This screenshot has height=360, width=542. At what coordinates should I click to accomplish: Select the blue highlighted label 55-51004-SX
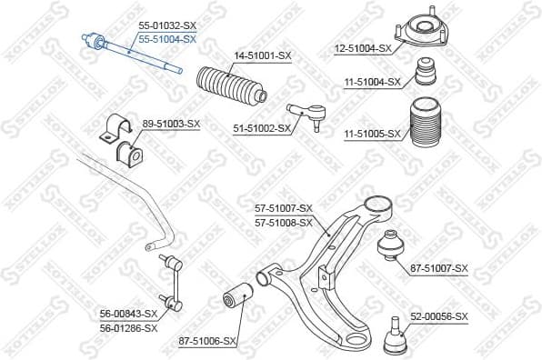pyautogui.click(x=166, y=41)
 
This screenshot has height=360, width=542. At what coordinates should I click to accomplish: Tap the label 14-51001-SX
pyautogui.click(x=263, y=57)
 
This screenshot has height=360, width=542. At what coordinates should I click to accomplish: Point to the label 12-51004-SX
pyautogui.click(x=361, y=48)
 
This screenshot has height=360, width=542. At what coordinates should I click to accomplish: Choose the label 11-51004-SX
pyautogui.click(x=372, y=82)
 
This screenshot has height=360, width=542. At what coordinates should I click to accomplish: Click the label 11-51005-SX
pyautogui.click(x=372, y=134)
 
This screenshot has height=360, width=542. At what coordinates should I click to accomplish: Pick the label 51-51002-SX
pyautogui.click(x=261, y=128)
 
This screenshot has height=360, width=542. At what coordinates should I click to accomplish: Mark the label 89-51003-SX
pyautogui.click(x=171, y=123)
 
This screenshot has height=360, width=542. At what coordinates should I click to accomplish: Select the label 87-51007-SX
pyautogui.click(x=438, y=268)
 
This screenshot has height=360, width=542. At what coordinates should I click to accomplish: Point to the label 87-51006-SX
pyautogui.click(x=207, y=341)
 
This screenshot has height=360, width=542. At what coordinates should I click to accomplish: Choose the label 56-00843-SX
pyautogui.click(x=128, y=314)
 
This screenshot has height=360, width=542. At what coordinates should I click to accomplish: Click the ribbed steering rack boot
pyautogui.click(x=233, y=88)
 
